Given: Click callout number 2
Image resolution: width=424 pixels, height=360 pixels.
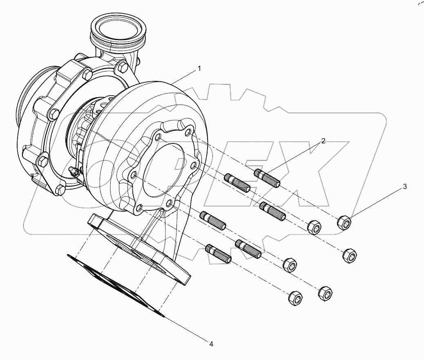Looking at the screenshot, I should [x=323, y=141].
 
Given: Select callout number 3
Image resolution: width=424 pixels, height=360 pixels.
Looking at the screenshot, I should [x=405, y=187].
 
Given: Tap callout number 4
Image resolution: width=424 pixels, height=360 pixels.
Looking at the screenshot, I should [x=212, y=344].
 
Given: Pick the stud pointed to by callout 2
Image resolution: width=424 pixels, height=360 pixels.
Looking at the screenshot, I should [x=267, y=179].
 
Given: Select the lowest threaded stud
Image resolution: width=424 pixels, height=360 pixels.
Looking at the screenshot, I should [x=218, y=253].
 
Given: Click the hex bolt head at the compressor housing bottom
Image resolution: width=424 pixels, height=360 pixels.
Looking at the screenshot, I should [x=60, y=188].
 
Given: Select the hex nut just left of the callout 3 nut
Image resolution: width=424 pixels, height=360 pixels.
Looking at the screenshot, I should [x=315, y=227].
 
